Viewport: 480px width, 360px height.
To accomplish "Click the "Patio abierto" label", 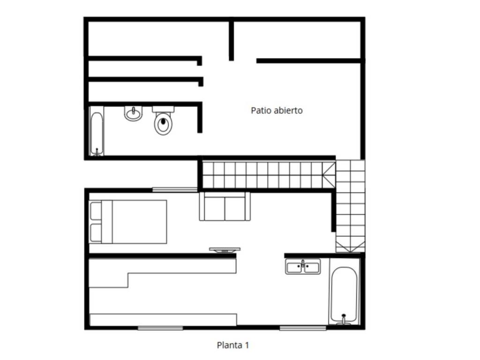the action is pos(277,111).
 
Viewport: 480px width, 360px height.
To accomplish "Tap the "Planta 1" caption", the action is pos(233,345).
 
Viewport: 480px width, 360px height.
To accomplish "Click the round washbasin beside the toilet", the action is pos(134,113).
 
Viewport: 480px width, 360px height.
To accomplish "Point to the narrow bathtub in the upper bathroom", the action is pos(97,134).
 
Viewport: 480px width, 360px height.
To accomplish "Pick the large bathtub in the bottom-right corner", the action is pos(344,294).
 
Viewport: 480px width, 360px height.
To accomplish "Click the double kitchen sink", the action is pos(303,266).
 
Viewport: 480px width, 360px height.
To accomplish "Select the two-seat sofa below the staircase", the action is pos(225,206).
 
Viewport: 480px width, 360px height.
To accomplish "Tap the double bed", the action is pos(128,222).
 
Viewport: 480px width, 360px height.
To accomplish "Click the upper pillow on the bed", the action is pos(96,210).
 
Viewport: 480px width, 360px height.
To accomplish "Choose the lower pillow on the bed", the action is pos(96,232).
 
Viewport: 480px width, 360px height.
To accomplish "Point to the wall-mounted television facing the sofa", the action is pos(225,250).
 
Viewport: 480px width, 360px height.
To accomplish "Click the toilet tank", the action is pos(163,109).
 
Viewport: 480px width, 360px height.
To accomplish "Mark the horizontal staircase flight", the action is pos(269,175).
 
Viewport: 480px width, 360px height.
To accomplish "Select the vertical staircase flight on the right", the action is pos(350,206).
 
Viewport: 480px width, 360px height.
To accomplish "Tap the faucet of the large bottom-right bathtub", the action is pos(344,319).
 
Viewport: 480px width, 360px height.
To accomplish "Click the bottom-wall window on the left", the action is pos(160,328).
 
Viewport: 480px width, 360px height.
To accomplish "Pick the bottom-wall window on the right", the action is pos(303,328).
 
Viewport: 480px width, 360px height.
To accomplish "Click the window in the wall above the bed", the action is pos(175,190).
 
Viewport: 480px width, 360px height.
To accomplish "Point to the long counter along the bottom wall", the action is pos(163,320).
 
